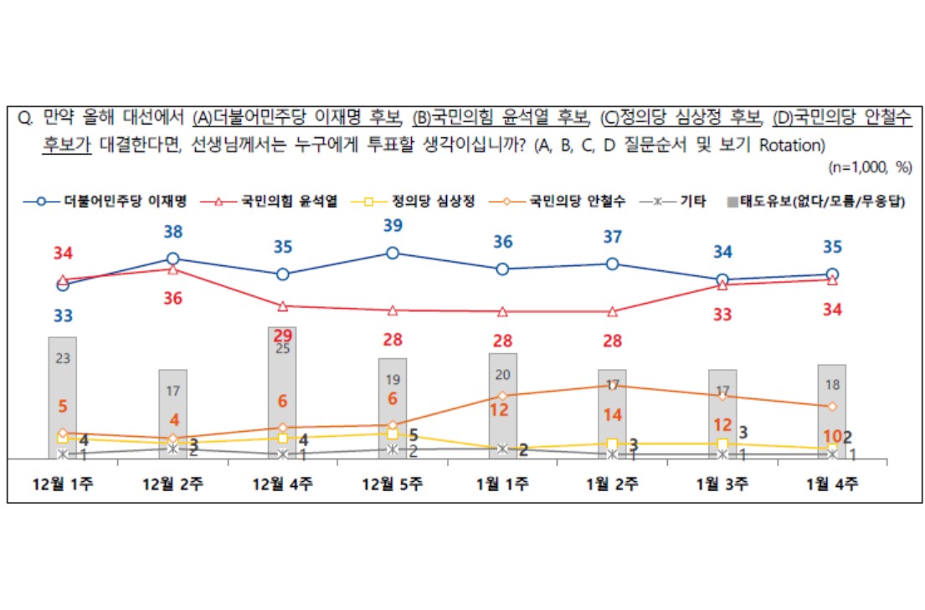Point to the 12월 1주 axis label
(62, 483)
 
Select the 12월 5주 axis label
(392, 483)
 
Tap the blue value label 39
(392, 225)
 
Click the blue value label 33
(62, 315)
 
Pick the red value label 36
(172, 298)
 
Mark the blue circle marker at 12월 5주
(392, 253)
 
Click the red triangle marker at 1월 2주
(612, 311)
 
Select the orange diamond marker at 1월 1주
(502, 396)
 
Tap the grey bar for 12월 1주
(62, 397)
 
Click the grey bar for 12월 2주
(172, 414)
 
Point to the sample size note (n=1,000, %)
(869, 167)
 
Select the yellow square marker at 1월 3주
(722, 443)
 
